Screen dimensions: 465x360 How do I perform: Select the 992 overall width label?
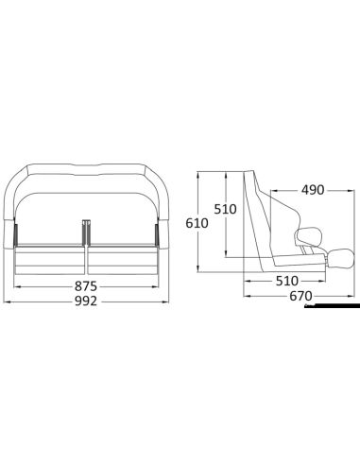(x=85, y=303)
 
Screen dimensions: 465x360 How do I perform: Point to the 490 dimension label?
(x=311, y=190)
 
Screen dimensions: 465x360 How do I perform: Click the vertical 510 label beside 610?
(x=225, y=209)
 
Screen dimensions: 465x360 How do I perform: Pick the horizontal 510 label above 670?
(x=286, y=281)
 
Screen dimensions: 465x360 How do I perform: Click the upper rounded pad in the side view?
(x=306, y=239)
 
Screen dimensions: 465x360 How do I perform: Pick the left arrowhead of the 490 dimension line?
(x=273, y=190)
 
